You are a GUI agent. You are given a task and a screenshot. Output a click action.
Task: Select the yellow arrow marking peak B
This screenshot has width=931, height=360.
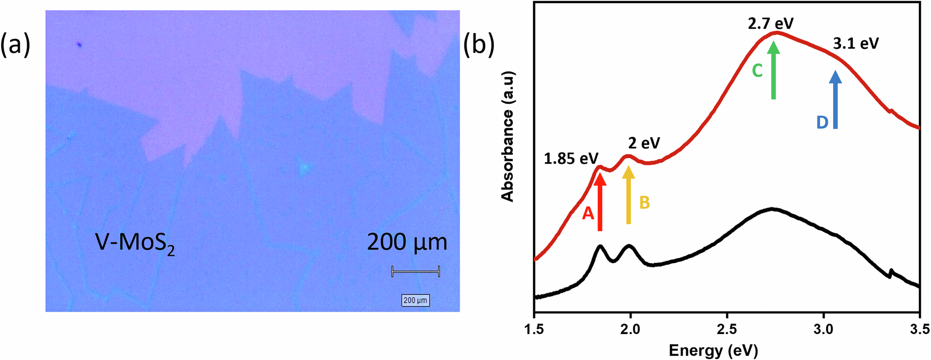point(629,202)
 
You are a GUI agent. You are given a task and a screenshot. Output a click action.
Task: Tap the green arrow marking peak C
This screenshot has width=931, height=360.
point(774,71)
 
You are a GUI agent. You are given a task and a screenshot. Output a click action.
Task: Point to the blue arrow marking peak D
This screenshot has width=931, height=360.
point(835,101)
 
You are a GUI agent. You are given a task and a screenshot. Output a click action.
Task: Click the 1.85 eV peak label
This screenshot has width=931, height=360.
point(571,158)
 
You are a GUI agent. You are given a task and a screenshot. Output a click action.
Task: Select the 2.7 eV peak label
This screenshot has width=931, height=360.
point(770,23)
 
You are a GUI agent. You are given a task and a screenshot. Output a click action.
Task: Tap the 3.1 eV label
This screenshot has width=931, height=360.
point(855,44)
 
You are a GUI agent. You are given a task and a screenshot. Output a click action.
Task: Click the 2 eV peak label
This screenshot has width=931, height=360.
point(644,143)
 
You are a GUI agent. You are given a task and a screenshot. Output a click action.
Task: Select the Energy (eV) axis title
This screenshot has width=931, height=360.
point(713,350)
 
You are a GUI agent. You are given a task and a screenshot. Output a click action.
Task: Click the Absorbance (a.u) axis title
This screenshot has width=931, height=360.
point(508,136)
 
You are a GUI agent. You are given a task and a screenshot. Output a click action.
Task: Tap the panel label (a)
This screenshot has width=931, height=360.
point(15,45)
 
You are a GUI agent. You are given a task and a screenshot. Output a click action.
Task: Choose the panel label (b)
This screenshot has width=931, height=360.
point(479,45)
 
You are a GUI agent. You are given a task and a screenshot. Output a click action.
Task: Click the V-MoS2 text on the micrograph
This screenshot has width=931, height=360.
point(135,244)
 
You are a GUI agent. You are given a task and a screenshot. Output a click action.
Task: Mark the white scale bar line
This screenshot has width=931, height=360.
point(415,272)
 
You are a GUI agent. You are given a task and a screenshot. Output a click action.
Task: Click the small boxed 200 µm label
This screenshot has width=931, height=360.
point(415,300)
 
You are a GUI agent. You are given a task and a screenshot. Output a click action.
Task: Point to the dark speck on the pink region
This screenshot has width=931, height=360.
point(79,45)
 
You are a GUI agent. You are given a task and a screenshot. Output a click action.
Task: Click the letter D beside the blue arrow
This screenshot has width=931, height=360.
point(822,123)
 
